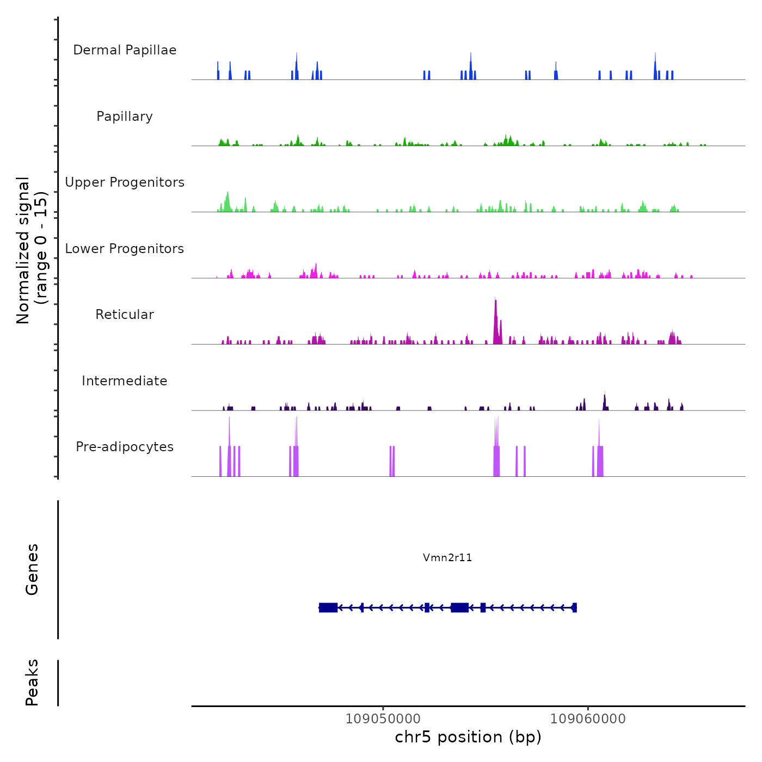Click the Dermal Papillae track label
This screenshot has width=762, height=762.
125,50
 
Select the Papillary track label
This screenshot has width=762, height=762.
125,116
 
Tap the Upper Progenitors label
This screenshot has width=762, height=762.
125,182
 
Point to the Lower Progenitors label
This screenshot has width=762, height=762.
125,249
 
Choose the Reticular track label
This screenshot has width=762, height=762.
125,315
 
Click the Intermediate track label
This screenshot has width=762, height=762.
125,381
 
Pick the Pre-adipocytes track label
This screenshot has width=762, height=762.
125,447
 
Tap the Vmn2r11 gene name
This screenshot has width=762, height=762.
447,557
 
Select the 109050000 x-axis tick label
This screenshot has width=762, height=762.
383,719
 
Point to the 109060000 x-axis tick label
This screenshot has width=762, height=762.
588,719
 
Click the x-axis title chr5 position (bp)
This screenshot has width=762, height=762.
468,737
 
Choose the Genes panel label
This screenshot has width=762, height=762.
32,569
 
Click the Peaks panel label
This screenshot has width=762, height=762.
32,683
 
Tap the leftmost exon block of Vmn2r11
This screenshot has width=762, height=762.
328,607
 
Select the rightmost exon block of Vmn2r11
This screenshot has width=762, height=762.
574,607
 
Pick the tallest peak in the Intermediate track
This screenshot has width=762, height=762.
605,400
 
